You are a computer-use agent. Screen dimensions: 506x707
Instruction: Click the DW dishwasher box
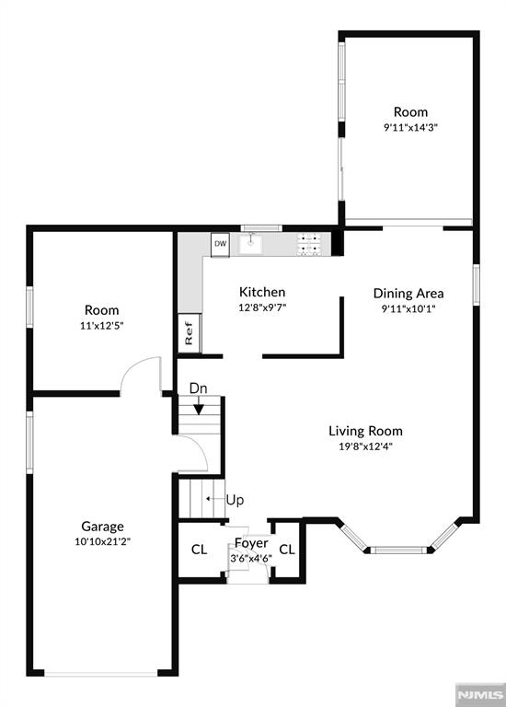tap(220, 245)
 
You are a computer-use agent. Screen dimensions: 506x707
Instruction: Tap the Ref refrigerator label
tap(189, 332)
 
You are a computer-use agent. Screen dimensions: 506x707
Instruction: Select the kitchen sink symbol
tap(252, 244)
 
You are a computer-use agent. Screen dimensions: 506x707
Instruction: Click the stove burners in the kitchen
tap(309, 244)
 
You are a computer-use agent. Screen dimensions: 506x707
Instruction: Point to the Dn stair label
tap(198, 388)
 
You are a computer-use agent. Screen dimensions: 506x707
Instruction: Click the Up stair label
tap(235, 500)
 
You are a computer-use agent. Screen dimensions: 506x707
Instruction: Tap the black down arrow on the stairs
tap(199, 409)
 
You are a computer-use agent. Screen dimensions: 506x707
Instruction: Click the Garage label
tap(102, 527)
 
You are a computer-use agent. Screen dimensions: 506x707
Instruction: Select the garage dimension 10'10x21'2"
tap(102, 541)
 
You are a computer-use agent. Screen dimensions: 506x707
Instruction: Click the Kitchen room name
tap(262, 292)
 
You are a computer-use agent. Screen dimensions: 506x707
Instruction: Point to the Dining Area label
tap(408, 294)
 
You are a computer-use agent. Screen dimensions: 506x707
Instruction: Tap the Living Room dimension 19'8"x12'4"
tap(365, 446)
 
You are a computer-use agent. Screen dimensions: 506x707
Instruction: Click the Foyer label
tap(251, 543)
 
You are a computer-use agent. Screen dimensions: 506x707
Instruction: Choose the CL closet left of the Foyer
tap(199, 550)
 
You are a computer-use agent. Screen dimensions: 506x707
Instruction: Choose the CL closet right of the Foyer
tap(287, 550)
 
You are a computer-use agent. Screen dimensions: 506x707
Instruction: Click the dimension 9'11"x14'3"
tap(410, 127)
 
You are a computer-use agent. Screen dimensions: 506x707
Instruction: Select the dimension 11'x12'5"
tap(102, 326)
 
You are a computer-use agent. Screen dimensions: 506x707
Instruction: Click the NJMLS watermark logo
tap(480, 694)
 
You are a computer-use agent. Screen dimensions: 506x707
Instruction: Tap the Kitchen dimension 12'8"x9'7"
tap(262, 308)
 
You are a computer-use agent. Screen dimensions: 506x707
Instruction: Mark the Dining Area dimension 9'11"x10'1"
tap(408, 309)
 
